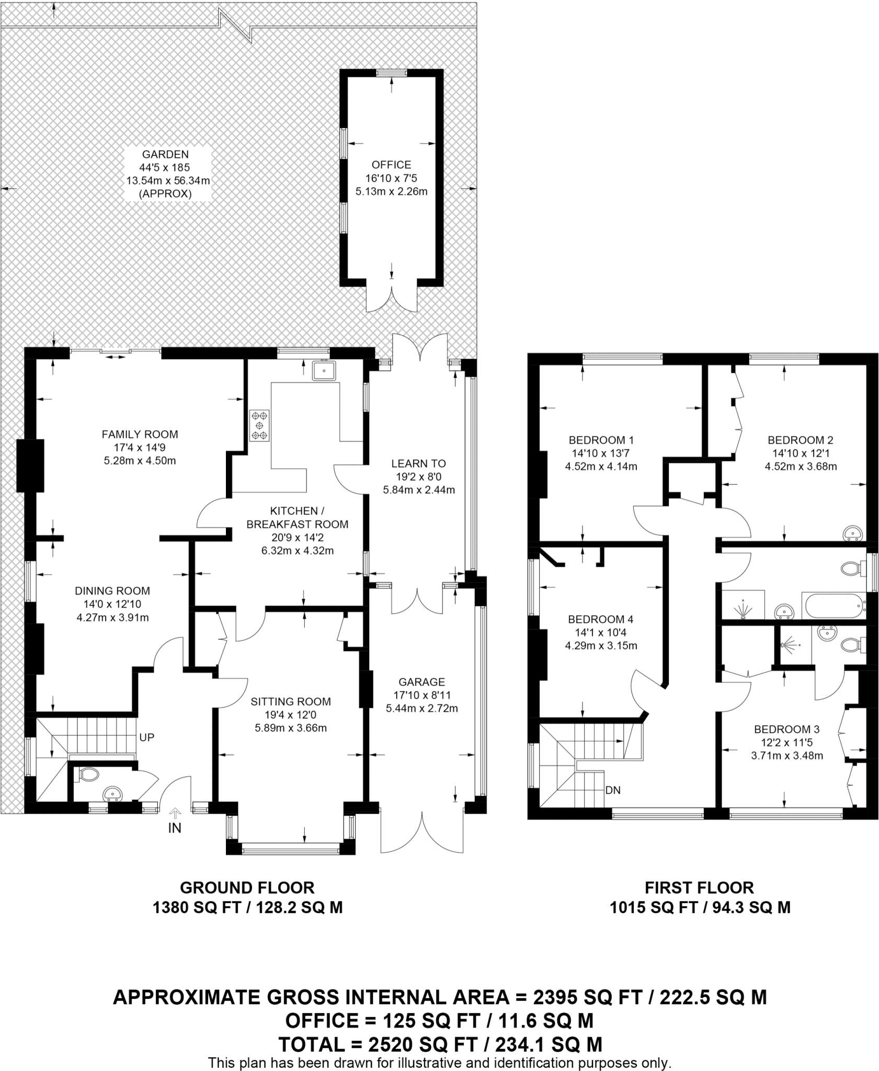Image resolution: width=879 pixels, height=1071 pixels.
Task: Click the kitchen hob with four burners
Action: point(260,425)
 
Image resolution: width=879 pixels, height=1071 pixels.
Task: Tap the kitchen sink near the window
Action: point(325,371)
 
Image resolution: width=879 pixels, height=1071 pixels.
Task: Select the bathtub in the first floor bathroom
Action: point(835,606)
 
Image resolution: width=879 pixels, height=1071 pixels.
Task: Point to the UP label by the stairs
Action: point(147,737)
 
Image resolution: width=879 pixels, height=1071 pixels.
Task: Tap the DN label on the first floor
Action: point(612,790)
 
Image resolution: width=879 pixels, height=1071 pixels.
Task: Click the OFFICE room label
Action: point(391,165)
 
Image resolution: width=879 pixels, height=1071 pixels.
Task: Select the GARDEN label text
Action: point(165,154)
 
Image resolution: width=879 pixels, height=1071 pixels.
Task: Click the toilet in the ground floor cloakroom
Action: point(88,774)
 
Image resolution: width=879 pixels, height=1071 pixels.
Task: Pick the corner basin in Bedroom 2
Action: point(853,533)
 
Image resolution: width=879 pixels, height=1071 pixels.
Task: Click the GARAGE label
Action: point(421,682)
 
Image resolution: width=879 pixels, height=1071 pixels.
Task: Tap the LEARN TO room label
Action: point(418,463)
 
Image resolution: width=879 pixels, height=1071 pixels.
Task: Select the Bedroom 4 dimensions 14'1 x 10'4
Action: point(600,632)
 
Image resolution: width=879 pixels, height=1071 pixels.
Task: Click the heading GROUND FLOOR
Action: point(247,887)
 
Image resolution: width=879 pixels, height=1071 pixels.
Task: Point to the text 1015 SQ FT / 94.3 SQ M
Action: point(700,907)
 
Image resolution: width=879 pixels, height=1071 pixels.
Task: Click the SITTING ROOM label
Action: point(291,701)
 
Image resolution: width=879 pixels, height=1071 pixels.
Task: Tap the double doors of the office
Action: point(391,299)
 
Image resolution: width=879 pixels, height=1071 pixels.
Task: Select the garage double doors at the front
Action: point(421,831)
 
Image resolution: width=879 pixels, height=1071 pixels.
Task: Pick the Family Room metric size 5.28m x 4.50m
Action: point(140,461)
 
